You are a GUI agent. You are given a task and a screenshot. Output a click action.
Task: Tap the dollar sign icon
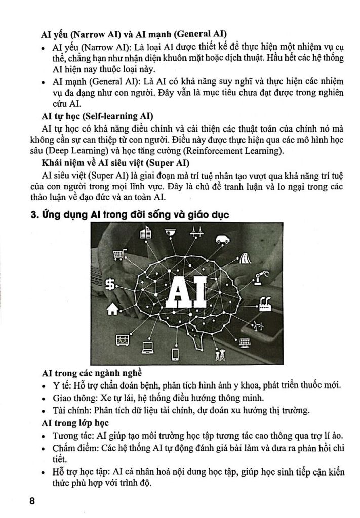click(109, 285)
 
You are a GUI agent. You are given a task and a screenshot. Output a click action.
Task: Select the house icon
click(112, 308)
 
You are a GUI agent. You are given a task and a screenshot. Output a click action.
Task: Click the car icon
click(222, 240)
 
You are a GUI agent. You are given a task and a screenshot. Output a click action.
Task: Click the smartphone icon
click(175, 353)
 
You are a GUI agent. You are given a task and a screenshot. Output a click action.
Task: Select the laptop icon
click(148, 348)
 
